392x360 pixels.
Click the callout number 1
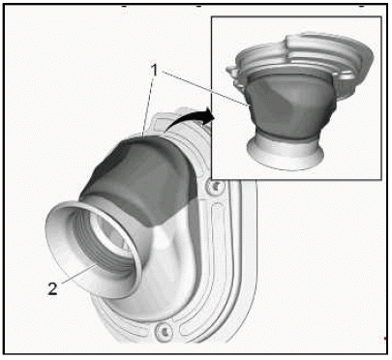pos(155,70)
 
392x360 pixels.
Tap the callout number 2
pos(53,288)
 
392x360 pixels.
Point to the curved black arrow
pos(191,119)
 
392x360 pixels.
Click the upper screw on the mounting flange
pos(215,187)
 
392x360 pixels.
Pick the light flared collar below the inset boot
pos(286,152)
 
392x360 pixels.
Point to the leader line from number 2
pos(78,274)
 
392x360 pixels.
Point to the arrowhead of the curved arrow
pos(208,115)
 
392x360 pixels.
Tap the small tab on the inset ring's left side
pos(231,70)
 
